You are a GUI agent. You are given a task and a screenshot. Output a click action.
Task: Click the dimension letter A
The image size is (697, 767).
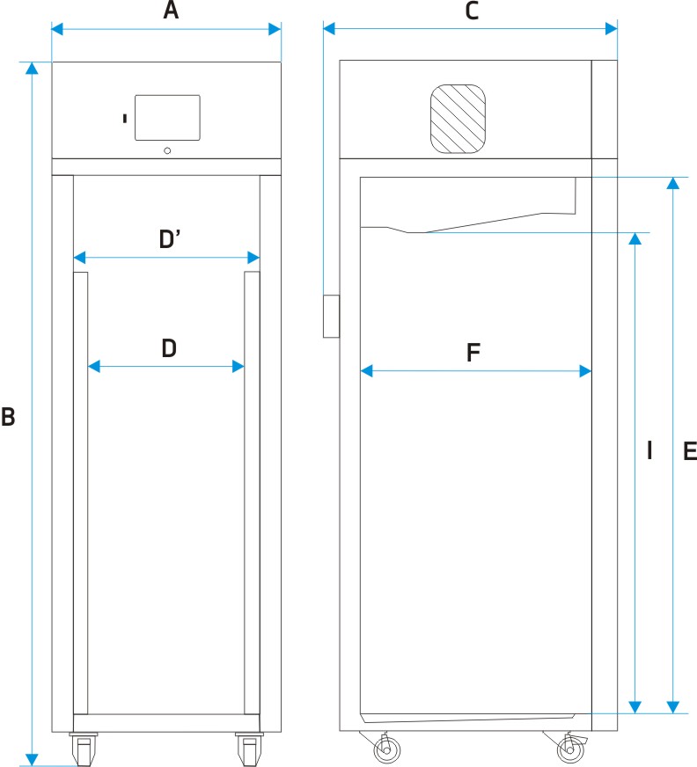point(171,11)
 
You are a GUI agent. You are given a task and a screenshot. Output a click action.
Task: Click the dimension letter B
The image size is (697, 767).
point(8,417)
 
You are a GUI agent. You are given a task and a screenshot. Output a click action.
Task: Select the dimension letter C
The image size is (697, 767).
point(471,11)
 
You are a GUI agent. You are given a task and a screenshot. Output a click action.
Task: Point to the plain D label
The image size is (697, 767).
point(169,349)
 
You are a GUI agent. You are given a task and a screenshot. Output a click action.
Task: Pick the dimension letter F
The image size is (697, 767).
point(473,354)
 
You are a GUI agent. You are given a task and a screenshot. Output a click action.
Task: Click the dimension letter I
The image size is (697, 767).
point(649,451)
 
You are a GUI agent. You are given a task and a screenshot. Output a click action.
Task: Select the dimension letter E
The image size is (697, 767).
point(689,451)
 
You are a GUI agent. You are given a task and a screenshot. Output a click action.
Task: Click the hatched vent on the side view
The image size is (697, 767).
point(458,117)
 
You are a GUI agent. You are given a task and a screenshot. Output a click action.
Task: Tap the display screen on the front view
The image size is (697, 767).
point(167,117)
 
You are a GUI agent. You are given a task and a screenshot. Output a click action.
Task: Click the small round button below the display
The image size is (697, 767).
point(167,150)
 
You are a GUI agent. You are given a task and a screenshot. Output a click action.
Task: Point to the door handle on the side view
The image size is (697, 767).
point(331,317)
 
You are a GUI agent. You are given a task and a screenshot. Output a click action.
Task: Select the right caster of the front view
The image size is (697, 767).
point(248,750)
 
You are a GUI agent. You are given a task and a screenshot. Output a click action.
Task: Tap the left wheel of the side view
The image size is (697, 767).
point(385,750)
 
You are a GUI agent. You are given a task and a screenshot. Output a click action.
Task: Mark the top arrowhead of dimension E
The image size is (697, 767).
point(673,182)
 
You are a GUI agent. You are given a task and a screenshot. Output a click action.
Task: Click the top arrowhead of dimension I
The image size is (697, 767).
point(635,238)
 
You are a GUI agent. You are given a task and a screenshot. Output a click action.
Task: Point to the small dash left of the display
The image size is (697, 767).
point(125,117)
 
